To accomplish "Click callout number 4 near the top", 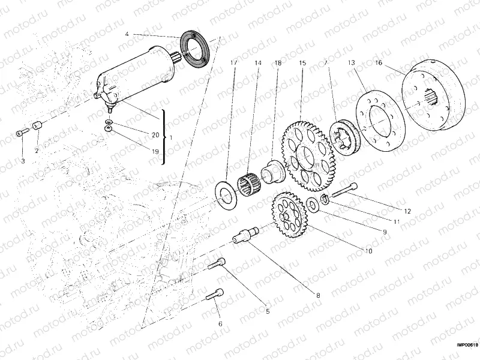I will (127, 34).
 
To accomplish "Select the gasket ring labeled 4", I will (193, 46).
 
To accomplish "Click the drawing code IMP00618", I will (466, 344).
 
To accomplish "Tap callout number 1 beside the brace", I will (172, 137).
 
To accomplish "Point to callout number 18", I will (278, 63).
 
